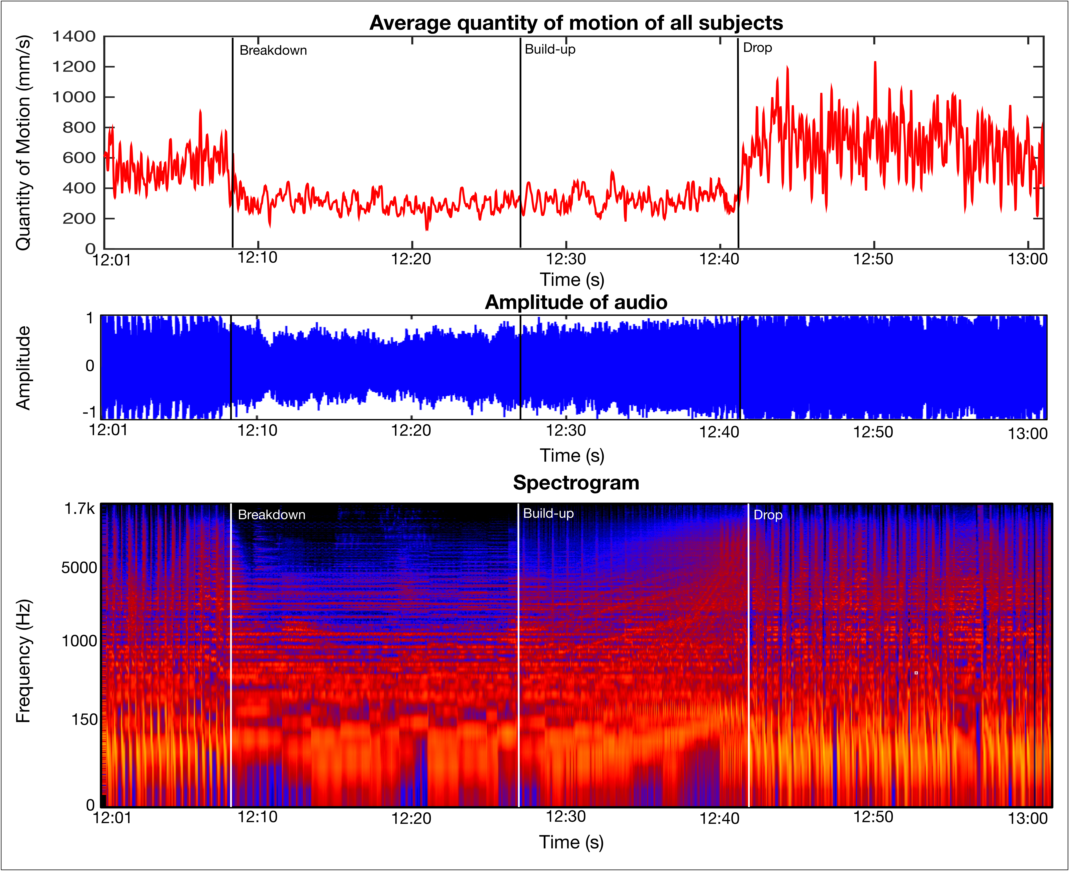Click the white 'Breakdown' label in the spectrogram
[x=271, y=515]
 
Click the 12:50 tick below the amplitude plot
[x=873, y=432]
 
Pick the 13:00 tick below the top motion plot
[x=1027, y=259]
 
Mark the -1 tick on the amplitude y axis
[x=89, y=412]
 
